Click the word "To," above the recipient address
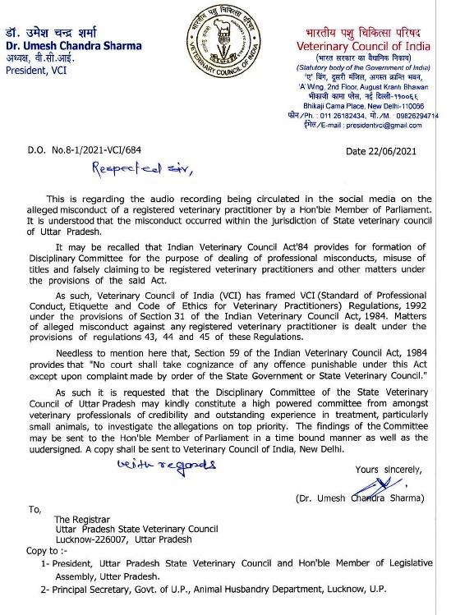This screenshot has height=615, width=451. tap(35, 509)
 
